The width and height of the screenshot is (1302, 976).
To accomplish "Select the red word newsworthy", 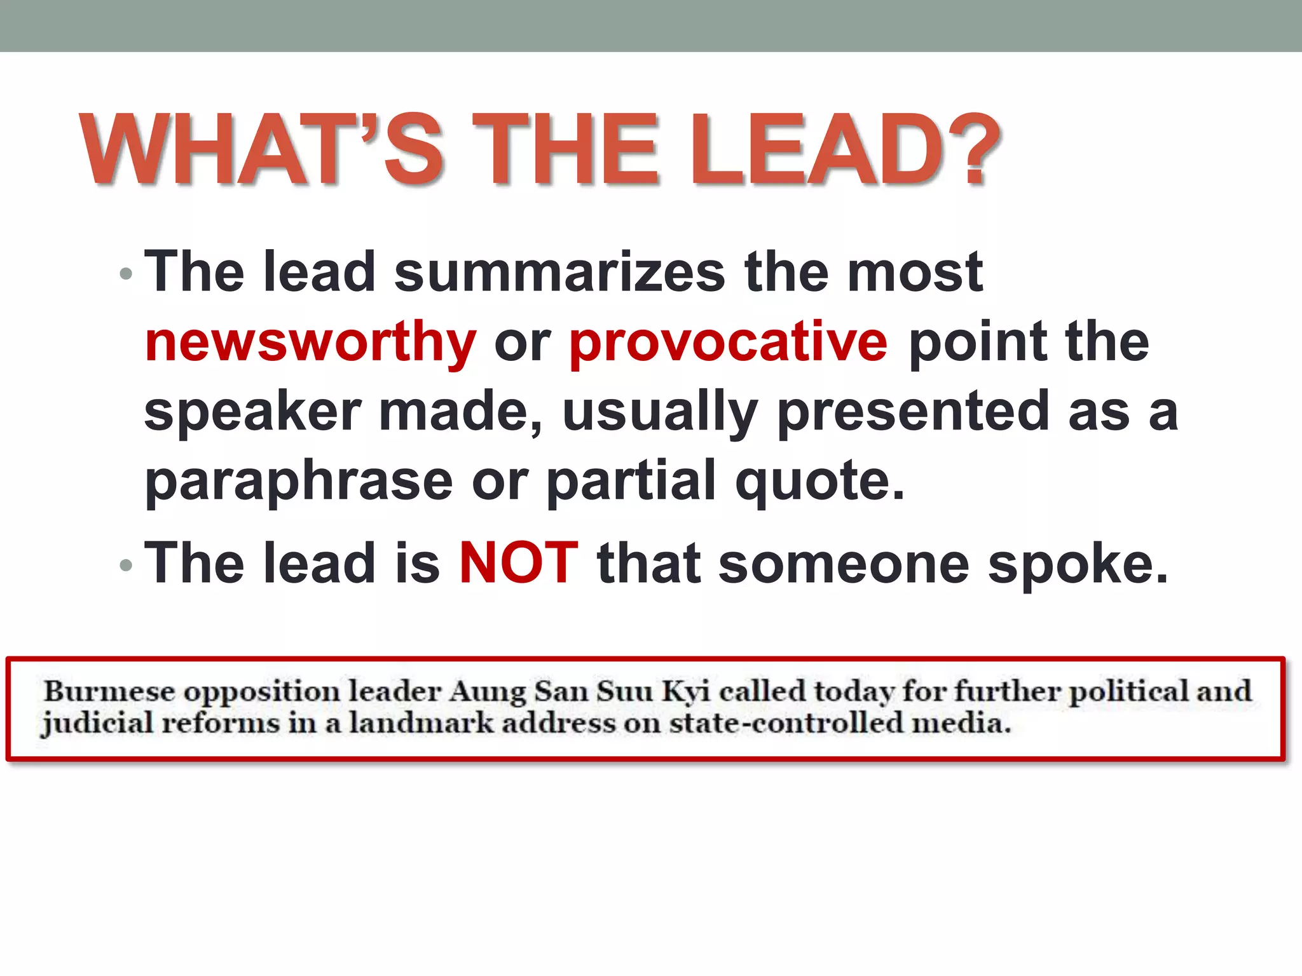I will coord(310,342).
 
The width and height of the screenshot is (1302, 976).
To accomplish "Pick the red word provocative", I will coord(728,342).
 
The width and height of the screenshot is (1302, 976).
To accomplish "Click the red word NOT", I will coord(518,563).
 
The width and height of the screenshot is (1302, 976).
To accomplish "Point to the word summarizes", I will coord(559,272).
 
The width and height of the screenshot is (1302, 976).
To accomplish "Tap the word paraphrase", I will coord(299,481).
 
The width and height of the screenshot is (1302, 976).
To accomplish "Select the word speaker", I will coord(253,412).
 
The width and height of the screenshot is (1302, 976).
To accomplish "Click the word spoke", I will coord(1077,563).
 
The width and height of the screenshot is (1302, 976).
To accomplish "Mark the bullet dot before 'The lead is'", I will coord(126,565).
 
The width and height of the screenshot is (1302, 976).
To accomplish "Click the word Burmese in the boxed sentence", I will coord(109,691).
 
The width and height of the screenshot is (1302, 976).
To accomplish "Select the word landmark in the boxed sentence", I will coord(421,723).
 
